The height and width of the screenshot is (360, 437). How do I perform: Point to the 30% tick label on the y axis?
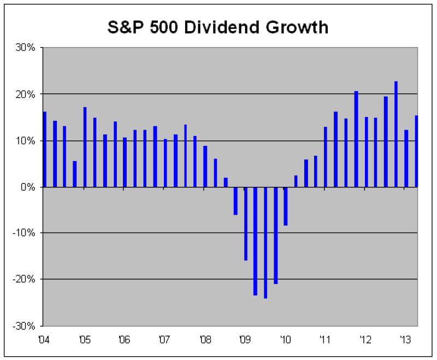[x=26, y=48]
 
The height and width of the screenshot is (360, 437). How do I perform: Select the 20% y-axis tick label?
[x=26, y=94]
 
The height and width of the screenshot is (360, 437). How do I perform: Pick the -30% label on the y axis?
[x=25, y=326]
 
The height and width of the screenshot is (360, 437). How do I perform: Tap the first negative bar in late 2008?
[x=235, y=200]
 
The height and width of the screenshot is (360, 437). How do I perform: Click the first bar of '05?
[x=85, y=147]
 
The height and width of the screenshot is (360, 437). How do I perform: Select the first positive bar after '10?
[x=296, y=181]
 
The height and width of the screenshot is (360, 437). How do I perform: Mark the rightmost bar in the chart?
[x=416, y=151]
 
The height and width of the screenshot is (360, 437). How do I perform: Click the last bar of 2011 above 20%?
[x=356, y=139]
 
